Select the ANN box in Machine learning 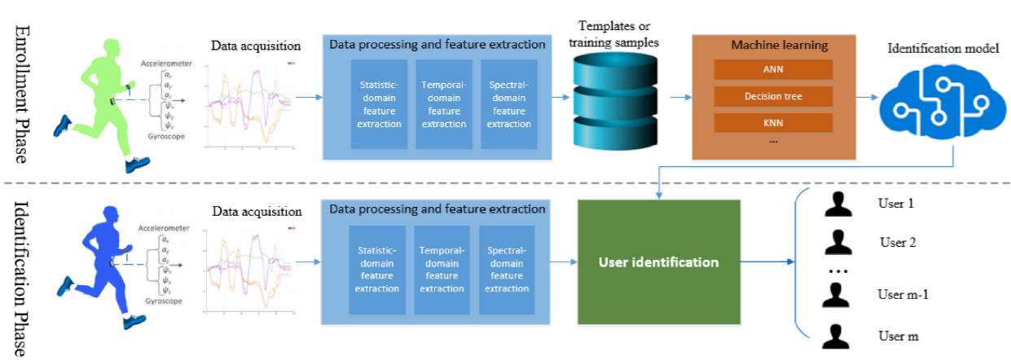coord(772,70)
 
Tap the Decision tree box coord(772,97)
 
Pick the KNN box coord(772,123)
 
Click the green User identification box coord(658,262)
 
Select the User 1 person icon coord(837,204)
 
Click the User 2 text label coord(898,242)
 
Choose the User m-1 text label coord(902,295)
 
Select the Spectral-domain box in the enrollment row coord(508,103)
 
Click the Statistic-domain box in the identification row coord(377,270)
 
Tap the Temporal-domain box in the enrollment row coord(444,103)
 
